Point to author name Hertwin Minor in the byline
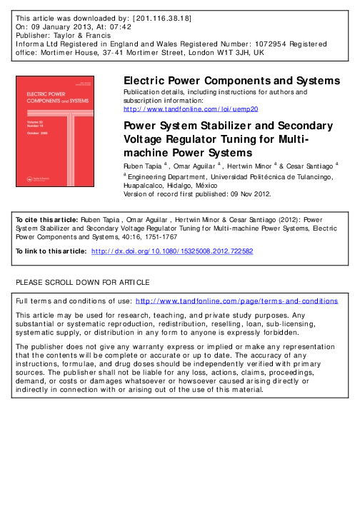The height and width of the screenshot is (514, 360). point(243,165)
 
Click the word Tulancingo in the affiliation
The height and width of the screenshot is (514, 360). point(306,174)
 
